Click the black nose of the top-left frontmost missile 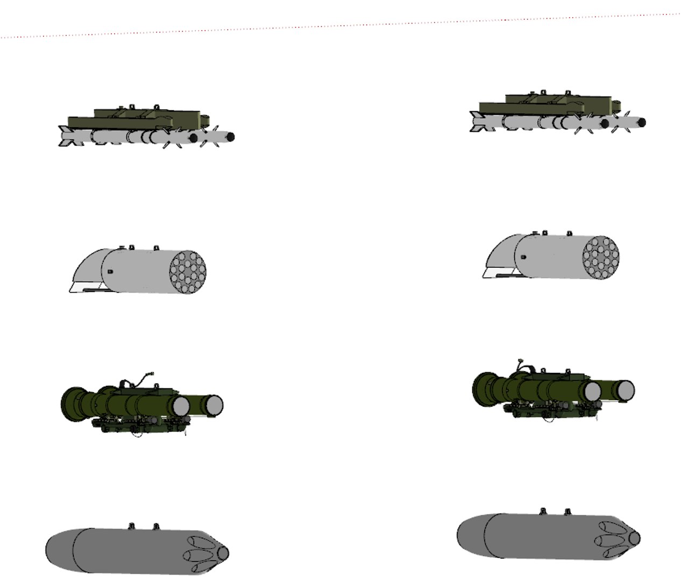(230, 137)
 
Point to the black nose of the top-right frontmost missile (642, 123)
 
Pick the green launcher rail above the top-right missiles (543, 105)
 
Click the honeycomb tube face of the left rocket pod (188, 272)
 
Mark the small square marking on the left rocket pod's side (110, 272)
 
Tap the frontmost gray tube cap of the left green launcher (214, 405)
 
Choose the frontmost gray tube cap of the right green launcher (626, 390)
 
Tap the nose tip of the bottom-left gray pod (223, 553)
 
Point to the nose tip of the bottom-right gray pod (635, 537)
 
